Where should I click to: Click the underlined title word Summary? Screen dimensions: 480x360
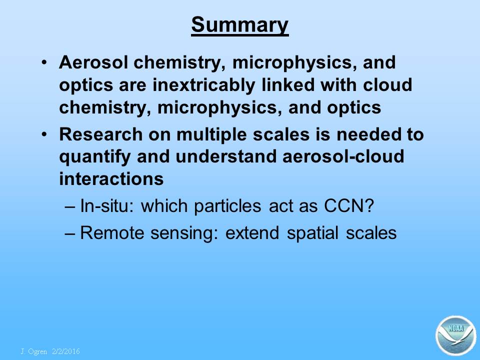tap(239, 25)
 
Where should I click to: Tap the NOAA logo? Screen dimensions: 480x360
tap(456, 335)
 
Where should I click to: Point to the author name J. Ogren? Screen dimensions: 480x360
tap(33, 351)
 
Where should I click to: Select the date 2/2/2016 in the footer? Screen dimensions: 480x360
tap(66, 351)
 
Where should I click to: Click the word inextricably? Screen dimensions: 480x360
tap(203, 85)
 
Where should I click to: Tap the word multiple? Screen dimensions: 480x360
tap(211, 134)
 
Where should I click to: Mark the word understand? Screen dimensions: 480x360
tap(225, 156)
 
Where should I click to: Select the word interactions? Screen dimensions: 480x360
tap(111, 179)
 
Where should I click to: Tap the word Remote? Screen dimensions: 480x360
tap(111, 232)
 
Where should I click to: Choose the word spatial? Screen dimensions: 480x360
tap(312, 233)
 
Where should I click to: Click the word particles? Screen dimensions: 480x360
tap(227, 206)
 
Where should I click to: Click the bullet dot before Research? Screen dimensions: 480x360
tap(44, 134)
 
